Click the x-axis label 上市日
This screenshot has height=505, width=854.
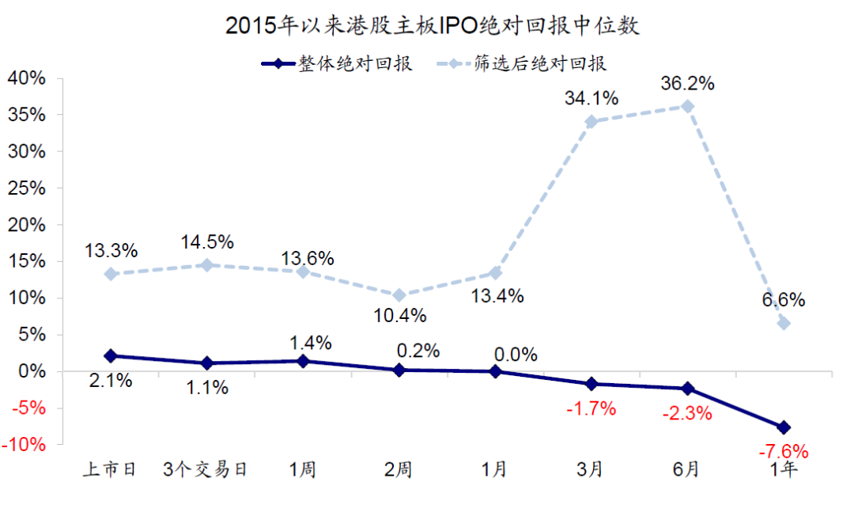(x=111, y=469)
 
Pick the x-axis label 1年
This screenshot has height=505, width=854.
(x=784, y=469)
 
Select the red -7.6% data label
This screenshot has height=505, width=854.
(x=783, y=452)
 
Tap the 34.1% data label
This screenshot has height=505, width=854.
(x=591, y=99)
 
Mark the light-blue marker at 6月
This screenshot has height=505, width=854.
(x=687, y=106)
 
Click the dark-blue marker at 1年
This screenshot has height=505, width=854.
(x=784, y=427)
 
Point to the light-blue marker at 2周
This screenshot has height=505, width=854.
(x=399, y=295)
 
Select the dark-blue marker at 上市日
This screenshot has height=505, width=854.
(x=111, y=356)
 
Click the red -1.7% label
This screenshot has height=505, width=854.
(x=590, y=409)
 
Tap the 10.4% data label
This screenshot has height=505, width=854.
(x=400, y=316)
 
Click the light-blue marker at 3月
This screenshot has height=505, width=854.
(x=591, y=122)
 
